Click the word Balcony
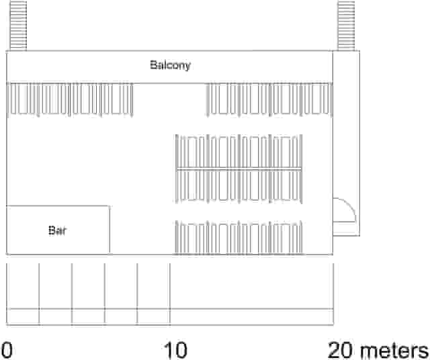click(x=170, y=65)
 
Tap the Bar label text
click(x=57, y=230)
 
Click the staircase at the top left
click(x=18, y=26)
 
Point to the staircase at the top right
click(x=346, y=26)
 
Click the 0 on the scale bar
click(x=7, y=350)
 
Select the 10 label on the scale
click(x=175, y=350)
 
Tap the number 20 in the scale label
click(x=340, y=350)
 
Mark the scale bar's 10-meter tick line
click(x=170, y=294)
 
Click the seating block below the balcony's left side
click(x=71, y=99)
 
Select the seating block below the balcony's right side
click(x=269, y=99)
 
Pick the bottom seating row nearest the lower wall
click(x=239, y=238)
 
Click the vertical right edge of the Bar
click(x=110, y=230)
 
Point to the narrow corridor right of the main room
click(x=347, y=143)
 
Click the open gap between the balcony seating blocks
click(x=170, y=99)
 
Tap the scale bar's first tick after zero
click(x=39, y=294)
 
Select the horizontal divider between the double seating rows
click(x=239, y=169)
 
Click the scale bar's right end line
click(x=333, y=294)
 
